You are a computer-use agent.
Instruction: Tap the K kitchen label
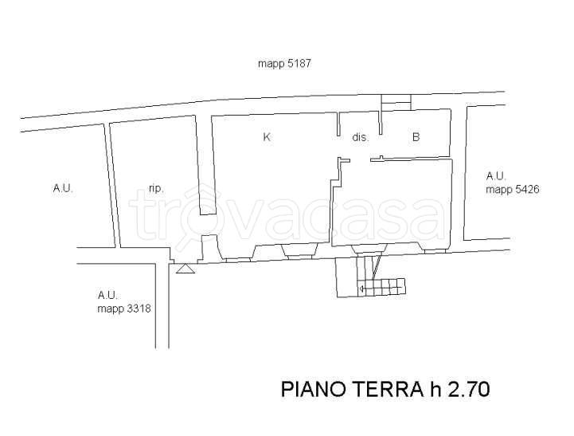click(x=267, y=137)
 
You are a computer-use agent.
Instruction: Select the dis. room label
click(x=360, y=137)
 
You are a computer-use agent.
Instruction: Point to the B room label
click(x=416, y=137)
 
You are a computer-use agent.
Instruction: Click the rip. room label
click(x=156, y=189)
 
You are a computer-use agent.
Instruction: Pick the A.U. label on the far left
click(x=63, y=189)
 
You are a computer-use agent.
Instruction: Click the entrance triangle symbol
click(x=185, y=269)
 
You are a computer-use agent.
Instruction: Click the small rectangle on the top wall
click(x=396, y=100)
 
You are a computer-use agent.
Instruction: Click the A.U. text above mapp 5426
click(x=497, y=176)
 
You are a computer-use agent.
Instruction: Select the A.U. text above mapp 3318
click(x=107, y=295)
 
